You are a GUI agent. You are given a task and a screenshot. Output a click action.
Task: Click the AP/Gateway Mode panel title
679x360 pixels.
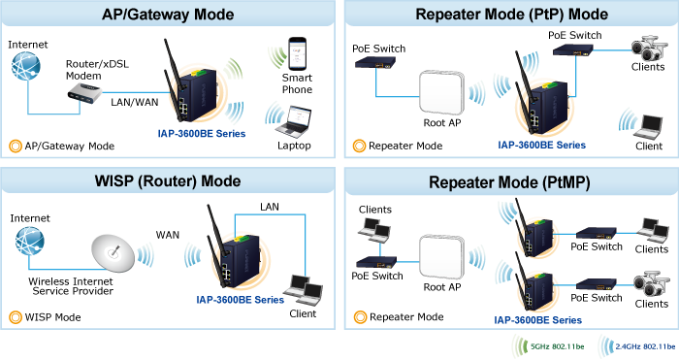[168, 15]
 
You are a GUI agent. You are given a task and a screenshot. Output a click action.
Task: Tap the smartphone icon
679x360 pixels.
[298, 53]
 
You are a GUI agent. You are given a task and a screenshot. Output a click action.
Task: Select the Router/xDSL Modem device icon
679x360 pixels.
[85, 94]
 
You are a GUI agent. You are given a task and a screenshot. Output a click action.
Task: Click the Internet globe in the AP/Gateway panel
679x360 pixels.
[26, 66]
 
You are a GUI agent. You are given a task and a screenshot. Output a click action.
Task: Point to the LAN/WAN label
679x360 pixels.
[135, 102]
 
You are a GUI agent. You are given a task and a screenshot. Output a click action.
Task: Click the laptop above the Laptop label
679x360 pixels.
[295, 121]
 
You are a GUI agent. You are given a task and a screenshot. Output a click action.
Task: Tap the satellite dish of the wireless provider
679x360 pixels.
[113, 253]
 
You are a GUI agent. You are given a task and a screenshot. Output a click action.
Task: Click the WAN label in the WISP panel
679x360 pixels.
[168, 235]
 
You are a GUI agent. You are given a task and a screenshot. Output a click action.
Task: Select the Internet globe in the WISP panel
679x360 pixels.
[29, 241]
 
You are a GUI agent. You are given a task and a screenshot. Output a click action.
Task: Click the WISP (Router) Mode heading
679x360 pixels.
[168, 180]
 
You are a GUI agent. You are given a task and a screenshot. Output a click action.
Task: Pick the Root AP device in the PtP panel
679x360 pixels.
[441, 92]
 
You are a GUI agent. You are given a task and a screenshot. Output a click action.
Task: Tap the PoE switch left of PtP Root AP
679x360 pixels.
[375, 64]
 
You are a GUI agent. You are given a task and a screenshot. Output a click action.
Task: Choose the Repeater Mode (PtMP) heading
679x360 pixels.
[509, 182]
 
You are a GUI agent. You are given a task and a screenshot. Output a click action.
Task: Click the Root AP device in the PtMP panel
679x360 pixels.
[441, 257]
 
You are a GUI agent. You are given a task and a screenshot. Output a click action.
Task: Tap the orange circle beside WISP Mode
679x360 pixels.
[16, 317]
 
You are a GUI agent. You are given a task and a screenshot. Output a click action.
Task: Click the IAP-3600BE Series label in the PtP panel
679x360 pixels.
[541, 146]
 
